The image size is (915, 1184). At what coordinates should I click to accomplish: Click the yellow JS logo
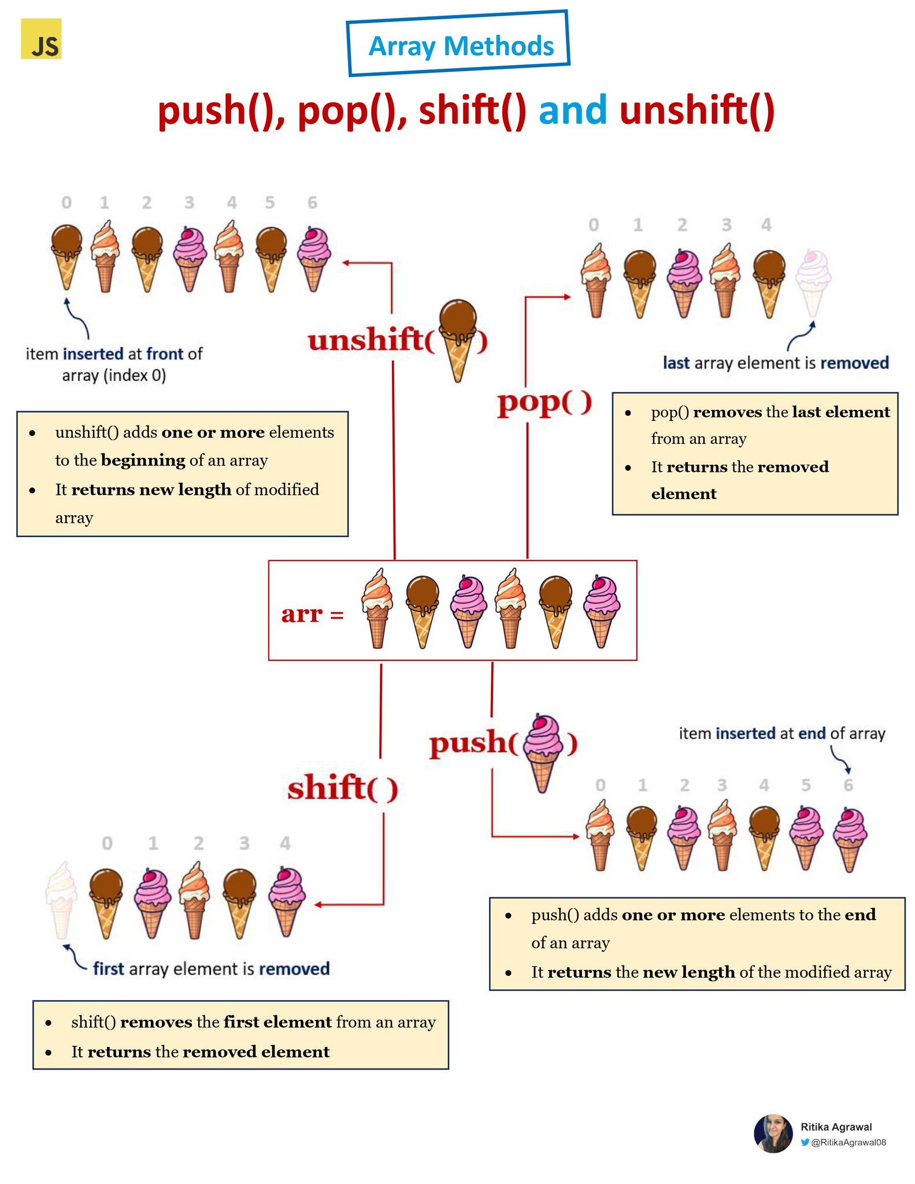41,39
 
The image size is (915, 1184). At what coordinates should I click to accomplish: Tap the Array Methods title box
458,44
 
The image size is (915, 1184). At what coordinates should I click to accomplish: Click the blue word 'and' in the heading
572,110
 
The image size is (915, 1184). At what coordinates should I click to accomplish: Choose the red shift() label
343,787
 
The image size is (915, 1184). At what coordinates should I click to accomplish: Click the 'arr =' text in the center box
312,614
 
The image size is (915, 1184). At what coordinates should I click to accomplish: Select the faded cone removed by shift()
61,899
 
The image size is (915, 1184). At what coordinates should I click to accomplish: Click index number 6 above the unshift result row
312,203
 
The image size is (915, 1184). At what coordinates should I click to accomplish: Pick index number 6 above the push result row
848,785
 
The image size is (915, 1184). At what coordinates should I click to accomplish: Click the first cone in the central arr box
377,608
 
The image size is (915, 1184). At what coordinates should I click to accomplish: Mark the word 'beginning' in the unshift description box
143,460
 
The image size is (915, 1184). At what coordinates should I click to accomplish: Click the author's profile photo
773,1133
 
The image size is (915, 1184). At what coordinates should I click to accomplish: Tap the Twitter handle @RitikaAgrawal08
848,1142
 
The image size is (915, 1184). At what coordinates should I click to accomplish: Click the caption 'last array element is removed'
775,363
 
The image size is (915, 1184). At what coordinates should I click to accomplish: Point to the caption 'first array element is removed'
211,968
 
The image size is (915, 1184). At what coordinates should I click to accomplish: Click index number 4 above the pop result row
766,225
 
